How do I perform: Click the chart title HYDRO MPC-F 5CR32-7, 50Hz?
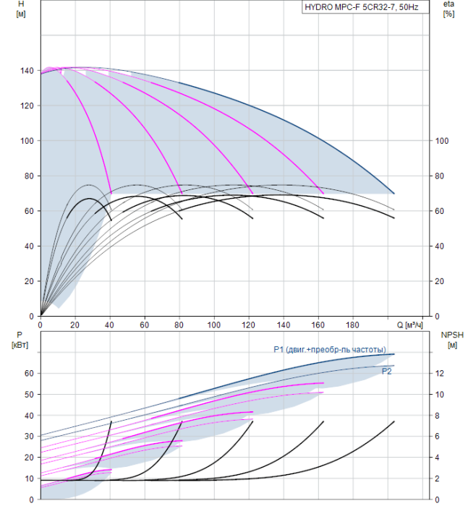click(x=362, y=7)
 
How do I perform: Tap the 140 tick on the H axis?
click(x=27, y=71)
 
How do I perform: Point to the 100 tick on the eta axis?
click(x=442, y=141)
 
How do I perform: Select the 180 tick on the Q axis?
click(x=352, y=325)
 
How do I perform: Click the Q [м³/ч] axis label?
click(x=409, y=325)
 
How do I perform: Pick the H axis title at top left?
click(x=21, y=9)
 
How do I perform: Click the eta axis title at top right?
click(x=449, y=9)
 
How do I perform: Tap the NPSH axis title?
click(x=452, y=340)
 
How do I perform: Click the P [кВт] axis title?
click(x=20, y=340)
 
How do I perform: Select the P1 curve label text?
click(x=330, y=349)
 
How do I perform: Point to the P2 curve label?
click(x=386, y=372)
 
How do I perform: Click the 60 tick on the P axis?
click(x=29, y=374)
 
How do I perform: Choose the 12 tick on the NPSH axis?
click(x=440, y=374)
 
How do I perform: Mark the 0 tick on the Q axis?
click(x=41, y=325)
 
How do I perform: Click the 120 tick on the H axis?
click(x=27, y=106)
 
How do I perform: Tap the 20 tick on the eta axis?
click(x=439, y=281)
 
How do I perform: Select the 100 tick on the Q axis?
click(x=213, y=325)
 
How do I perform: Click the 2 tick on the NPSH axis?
click(x=437, y=479)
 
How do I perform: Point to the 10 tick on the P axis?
click(x=29, y=479)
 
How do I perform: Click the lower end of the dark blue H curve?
click(x=394, y=194)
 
